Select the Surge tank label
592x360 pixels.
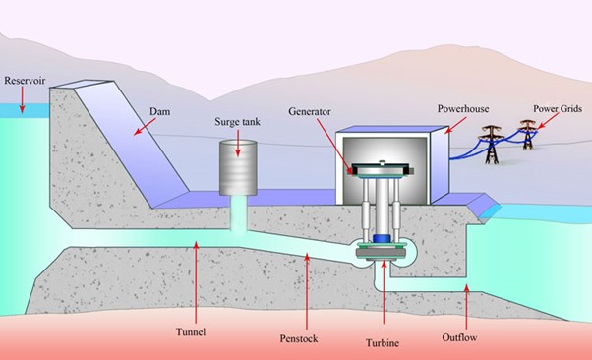236,123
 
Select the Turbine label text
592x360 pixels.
385,343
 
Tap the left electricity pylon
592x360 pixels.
489,140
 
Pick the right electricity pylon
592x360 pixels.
529,132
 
